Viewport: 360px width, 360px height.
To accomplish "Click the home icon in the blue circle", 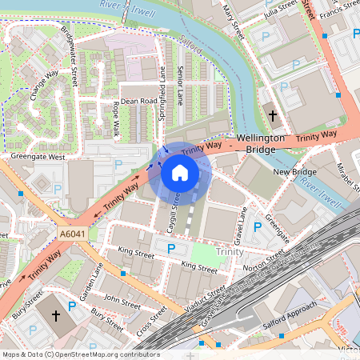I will coord(180,172).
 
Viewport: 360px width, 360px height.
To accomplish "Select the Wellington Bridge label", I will coord(261,143).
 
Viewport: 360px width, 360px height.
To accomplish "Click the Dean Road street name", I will coord(138,102).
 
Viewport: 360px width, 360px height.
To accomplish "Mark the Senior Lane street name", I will coord(181,86).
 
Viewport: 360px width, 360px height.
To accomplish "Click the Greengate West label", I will coord(33,158).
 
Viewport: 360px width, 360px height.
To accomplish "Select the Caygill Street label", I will coord(173,210).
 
